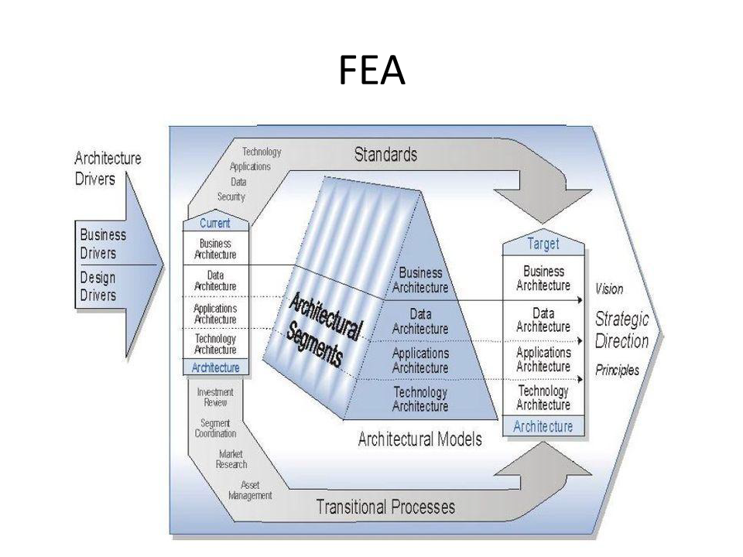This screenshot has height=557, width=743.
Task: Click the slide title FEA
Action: (x=371, y=72)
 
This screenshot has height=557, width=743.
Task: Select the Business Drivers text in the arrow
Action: (x=102, y=244)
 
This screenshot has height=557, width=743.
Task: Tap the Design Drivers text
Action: (x=98, y=285)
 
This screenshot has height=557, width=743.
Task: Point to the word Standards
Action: (x=385, y=154)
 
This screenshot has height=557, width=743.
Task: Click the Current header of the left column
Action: (x=214, y=224)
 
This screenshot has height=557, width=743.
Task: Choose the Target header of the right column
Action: (x=543, y=244)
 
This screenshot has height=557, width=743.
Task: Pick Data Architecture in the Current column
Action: (x=216, y=280)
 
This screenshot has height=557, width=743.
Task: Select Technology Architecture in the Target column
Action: (x=543, y=398)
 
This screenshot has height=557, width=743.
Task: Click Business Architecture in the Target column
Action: (x=543, y=278)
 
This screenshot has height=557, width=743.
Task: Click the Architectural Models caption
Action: (x=419, y=439)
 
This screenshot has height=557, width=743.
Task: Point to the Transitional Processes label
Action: (x=385, y=507)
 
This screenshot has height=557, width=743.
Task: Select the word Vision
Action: (x=609, y=289)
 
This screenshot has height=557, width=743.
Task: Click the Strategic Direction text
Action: (x=621, y=330)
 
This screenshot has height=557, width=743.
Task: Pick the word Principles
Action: (x=617, y=371)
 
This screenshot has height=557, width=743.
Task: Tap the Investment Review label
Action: (x=215, y=397)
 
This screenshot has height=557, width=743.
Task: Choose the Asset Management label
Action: (x=250, y=490)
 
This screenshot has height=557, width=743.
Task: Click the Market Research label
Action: (x=232, y=459)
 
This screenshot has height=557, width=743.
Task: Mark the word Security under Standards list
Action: (x=231, y=196)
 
